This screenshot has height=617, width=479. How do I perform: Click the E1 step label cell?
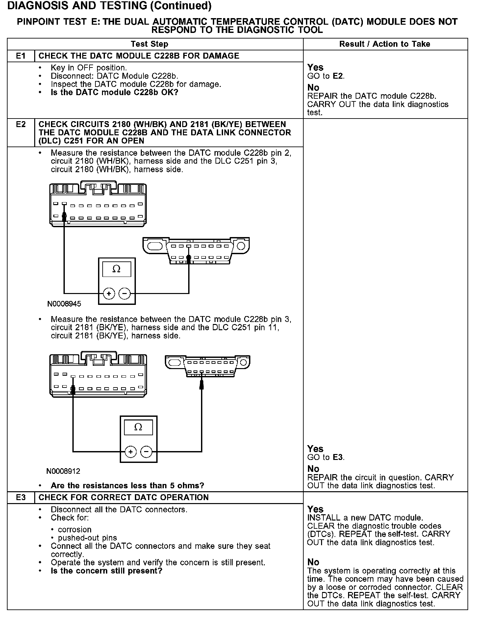coord(21,56)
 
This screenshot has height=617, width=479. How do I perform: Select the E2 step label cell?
coord(21,125)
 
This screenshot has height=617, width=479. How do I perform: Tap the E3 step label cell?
coord(21,497)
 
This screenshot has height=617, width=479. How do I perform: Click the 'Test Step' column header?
coord(149,44)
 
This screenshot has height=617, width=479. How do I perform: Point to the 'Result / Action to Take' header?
coord(385,44)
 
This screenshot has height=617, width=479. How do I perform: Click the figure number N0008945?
coord(64,304)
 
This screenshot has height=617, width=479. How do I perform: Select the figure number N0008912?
coord(63,471)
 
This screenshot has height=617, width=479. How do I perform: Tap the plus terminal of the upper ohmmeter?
coord(109,293)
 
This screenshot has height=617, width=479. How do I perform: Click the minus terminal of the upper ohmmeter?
coord(124,293)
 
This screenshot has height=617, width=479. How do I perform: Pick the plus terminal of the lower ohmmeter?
coord(131,451)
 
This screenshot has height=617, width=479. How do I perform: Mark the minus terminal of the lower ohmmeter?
coord(146,451)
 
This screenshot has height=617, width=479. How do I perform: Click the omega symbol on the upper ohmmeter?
coord(116,269)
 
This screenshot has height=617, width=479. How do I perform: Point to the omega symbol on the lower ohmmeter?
coord(139,427)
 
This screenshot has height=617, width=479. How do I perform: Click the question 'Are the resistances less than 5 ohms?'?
coord(127,486)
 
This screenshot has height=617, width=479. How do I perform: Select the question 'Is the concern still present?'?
coord(107,571)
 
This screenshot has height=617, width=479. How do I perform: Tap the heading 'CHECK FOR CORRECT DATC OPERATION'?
coord(124,497)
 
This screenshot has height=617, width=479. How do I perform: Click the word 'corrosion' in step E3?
coord(75,529)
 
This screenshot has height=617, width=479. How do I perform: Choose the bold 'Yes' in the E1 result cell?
coord(315,67)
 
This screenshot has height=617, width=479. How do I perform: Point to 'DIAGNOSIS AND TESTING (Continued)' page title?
coord(109,6)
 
